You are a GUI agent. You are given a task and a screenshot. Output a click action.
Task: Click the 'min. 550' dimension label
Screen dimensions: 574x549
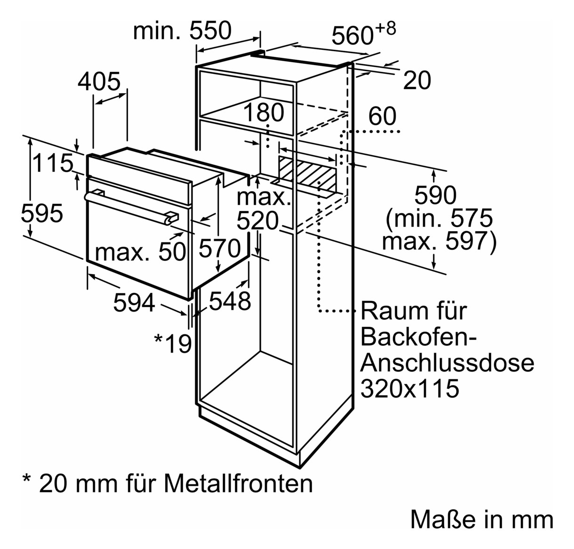(182, 31)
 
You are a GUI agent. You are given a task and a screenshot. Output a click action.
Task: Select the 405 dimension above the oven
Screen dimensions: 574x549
(99, 81)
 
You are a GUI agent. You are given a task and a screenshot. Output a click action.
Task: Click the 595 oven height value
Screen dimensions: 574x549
(42, 213)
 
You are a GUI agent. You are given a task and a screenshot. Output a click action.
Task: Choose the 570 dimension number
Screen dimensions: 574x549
(220, 248)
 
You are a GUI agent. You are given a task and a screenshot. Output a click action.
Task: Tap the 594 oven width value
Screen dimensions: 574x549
(134, 302)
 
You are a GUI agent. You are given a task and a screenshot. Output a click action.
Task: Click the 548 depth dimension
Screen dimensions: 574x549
(230, 301)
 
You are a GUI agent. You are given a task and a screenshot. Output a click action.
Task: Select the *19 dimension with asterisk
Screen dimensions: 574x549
(173, 343)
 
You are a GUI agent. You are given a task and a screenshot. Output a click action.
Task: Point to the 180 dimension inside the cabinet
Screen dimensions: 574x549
(264, 113)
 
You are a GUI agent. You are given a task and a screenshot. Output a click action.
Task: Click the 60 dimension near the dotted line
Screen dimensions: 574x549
(382, 116)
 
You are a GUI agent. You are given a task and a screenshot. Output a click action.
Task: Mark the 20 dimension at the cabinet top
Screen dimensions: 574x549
(417, 80)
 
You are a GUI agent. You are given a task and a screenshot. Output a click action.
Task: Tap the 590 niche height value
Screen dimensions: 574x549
(436, 195)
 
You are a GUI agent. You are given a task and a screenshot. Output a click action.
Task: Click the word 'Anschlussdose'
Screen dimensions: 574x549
(447, 363)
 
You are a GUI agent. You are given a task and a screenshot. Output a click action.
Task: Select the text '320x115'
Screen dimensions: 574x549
(410, 388)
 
